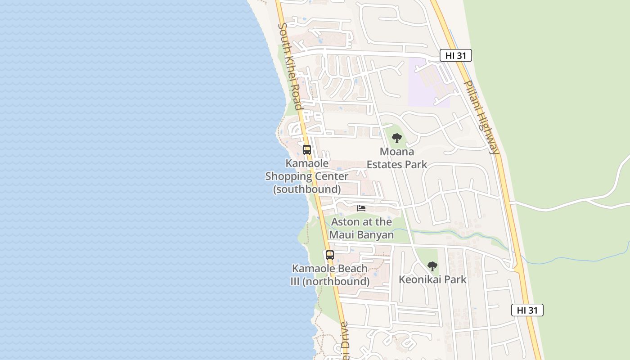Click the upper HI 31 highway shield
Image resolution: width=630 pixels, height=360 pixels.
pos(456,55)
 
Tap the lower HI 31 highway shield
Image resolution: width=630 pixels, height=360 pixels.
pos(527,310)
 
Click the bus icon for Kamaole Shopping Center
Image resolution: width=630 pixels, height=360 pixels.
pos(307,150)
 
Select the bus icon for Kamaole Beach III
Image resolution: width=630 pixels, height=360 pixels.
pos(330,255)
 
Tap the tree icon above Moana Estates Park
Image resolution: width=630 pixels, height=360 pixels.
pos(396,138)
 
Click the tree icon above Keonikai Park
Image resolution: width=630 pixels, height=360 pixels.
pos(432,266)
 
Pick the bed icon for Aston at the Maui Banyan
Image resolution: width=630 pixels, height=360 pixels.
pos(361,208)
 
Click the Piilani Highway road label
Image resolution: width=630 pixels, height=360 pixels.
pos(481,117)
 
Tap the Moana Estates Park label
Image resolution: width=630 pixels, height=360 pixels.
pos(397,158)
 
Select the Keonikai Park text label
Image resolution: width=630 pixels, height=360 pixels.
pos(432,279)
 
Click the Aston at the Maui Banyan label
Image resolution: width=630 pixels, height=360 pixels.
pos(361,228)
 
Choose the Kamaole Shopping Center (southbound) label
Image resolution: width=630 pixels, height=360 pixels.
pos(307,176)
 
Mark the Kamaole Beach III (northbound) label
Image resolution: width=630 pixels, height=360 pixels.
pos(330,275)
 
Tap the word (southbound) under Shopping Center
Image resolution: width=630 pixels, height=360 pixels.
pos(307,189)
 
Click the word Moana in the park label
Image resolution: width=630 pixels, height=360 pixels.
pos(397,151)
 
